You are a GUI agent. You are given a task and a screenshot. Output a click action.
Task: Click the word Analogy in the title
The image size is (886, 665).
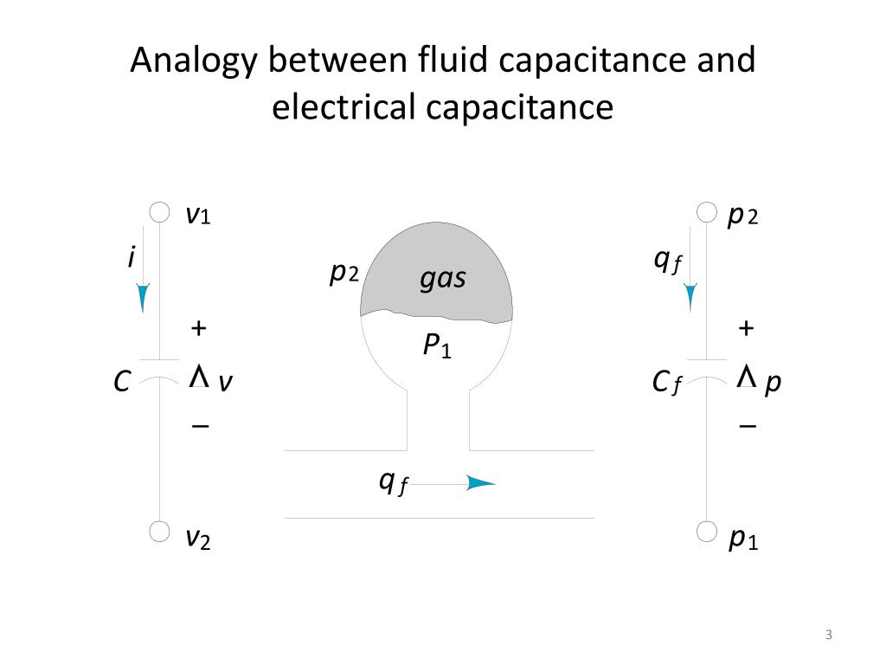tap(194, 61)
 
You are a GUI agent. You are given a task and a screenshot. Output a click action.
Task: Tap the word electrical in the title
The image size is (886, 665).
tap(343, 107)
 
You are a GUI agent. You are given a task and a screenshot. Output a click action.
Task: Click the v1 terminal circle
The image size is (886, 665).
tap(159, 213)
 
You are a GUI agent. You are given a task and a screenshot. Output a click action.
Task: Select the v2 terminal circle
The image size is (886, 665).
tap(159, 532)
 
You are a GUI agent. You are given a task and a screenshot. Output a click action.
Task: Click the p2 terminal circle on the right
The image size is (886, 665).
tap(706, 213)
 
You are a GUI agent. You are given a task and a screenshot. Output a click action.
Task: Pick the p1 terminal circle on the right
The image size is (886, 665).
tap(706, 532)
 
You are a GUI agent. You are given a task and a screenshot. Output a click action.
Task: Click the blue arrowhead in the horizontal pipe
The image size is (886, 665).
tap(481, 483)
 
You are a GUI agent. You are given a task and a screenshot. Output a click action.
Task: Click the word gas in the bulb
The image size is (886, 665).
tap(443, 279)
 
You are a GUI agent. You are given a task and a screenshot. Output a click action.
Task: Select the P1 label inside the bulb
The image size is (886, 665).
tap(437, 345)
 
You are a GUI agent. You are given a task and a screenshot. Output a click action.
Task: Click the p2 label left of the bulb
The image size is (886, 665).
tap(344, 274)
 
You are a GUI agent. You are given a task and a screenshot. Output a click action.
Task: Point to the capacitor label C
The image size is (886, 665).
tap(122, 382)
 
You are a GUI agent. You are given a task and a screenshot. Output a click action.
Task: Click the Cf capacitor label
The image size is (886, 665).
tap(667, 383)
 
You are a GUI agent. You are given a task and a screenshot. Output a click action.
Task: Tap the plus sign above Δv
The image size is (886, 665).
tap(198, 328)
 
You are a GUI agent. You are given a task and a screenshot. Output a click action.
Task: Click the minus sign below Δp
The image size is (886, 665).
tap(748, 425)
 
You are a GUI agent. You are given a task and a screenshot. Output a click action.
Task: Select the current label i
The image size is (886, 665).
tap(132, 256)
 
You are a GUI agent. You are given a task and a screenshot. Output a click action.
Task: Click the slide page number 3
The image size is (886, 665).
tap(828, 635)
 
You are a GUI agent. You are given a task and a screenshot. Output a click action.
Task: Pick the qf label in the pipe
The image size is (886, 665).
tap(394, 483)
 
